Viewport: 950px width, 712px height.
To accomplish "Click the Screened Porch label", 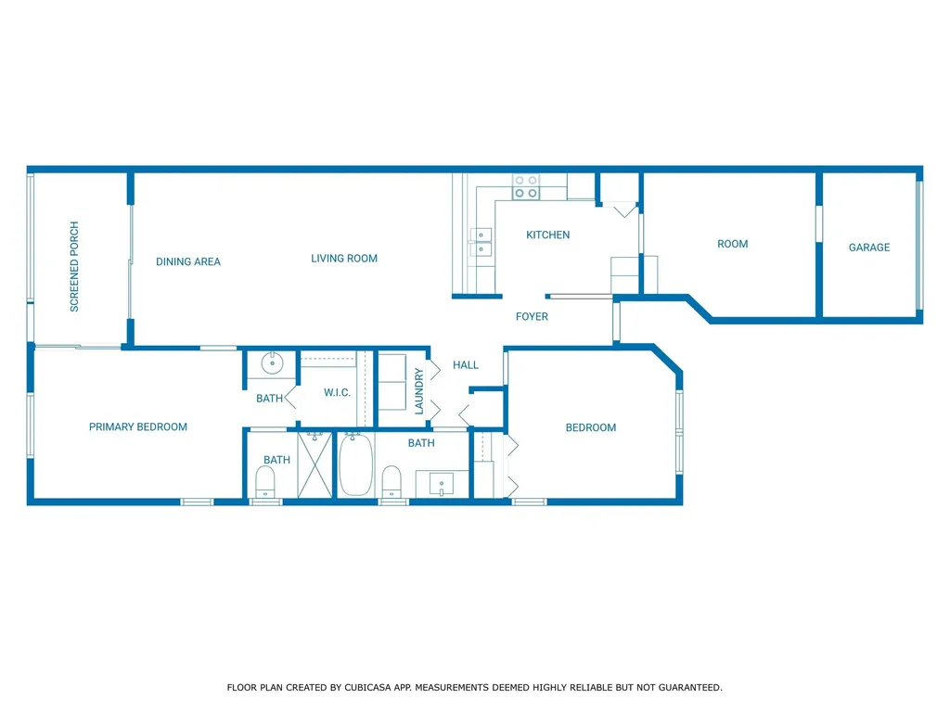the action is point(74,266).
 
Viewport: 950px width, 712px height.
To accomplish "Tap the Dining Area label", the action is point(187,261).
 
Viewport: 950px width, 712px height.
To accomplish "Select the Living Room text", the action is point(344,259).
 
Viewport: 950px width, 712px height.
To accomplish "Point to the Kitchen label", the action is point(547,235).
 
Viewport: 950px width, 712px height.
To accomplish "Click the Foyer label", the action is point(532,317).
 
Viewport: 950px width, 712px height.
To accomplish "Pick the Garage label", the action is point(868,247).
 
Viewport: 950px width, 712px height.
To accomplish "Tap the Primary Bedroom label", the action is point(138,426).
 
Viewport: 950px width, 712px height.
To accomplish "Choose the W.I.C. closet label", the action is point(337,392).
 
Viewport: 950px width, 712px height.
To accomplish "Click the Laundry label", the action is point(418,392).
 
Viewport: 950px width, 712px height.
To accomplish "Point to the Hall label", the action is point(466,365).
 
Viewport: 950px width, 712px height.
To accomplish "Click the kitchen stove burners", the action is point(526,187).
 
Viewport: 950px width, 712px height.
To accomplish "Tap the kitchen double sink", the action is point(481,242).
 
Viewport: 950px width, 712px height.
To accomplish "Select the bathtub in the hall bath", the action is point(355,464).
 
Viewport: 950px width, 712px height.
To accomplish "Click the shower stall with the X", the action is point(315,464).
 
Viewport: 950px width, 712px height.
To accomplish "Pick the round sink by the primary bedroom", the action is point(272,363).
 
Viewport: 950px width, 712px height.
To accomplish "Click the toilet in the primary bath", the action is point(265,482).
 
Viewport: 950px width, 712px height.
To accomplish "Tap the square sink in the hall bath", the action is point(442,484).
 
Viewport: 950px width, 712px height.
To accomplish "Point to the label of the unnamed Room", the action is point(733,244).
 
